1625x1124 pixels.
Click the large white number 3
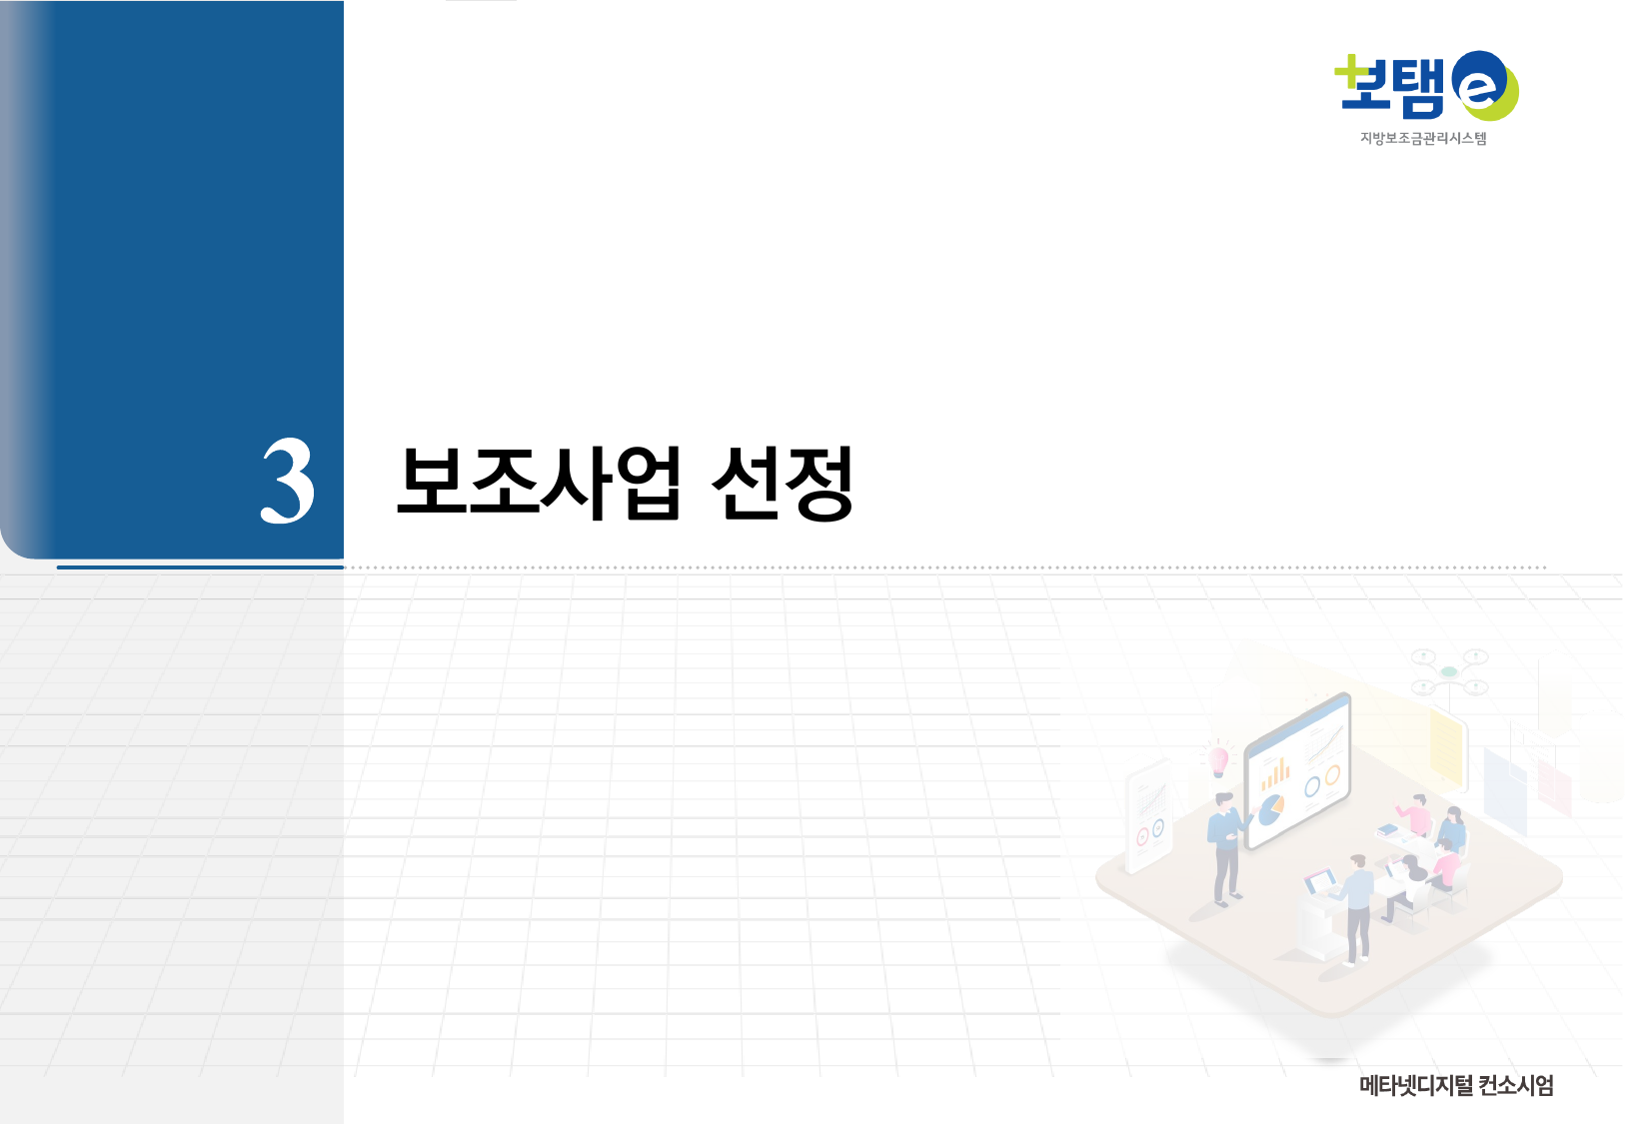tap(288, 481)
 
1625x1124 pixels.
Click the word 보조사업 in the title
tap(539, 483)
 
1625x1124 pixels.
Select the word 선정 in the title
tap(783, 483)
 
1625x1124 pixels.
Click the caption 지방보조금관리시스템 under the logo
tap(1422, 139)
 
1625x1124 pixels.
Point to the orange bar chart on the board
tap(1274, 773)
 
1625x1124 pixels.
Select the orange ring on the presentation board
tap(1332, 776)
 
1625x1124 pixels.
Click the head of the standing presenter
tap(1224, 802)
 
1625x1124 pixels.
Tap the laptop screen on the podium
tap(1321, 882)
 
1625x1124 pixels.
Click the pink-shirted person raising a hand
tap(1413, 813)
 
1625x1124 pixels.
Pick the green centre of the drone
tap(1449, 672)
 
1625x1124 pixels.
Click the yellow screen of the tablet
tap(1446, 747)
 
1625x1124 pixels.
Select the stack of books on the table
tap(1387, 829)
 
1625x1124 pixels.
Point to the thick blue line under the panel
tap(200, 567)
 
